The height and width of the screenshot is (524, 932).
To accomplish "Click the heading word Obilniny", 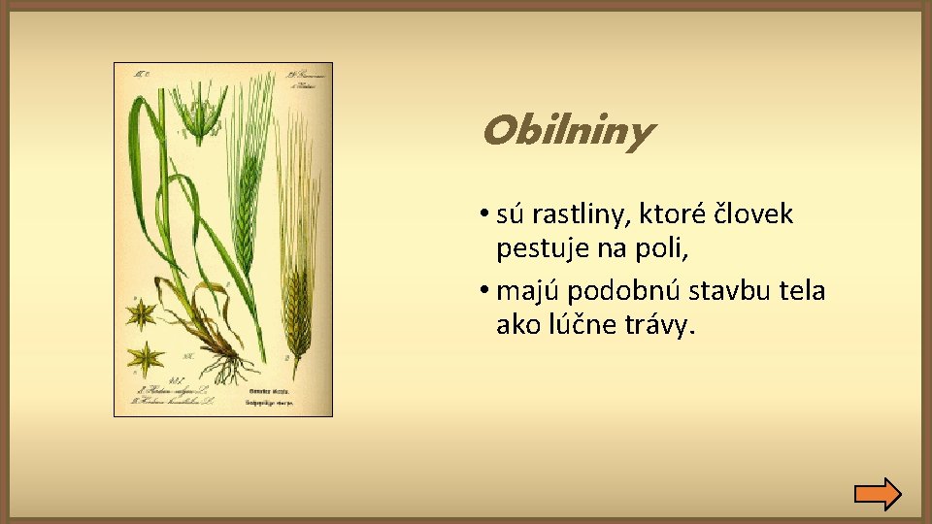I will coord(566,132).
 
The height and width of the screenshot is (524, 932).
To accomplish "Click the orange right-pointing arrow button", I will coord(878,494).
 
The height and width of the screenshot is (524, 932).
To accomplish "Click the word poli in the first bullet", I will coord(665,249).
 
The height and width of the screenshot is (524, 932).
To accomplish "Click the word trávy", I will coord(662,325).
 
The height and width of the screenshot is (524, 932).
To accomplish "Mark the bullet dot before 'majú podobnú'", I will coord(483,292).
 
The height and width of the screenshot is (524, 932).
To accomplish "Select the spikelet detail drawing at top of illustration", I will coord(200,112).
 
